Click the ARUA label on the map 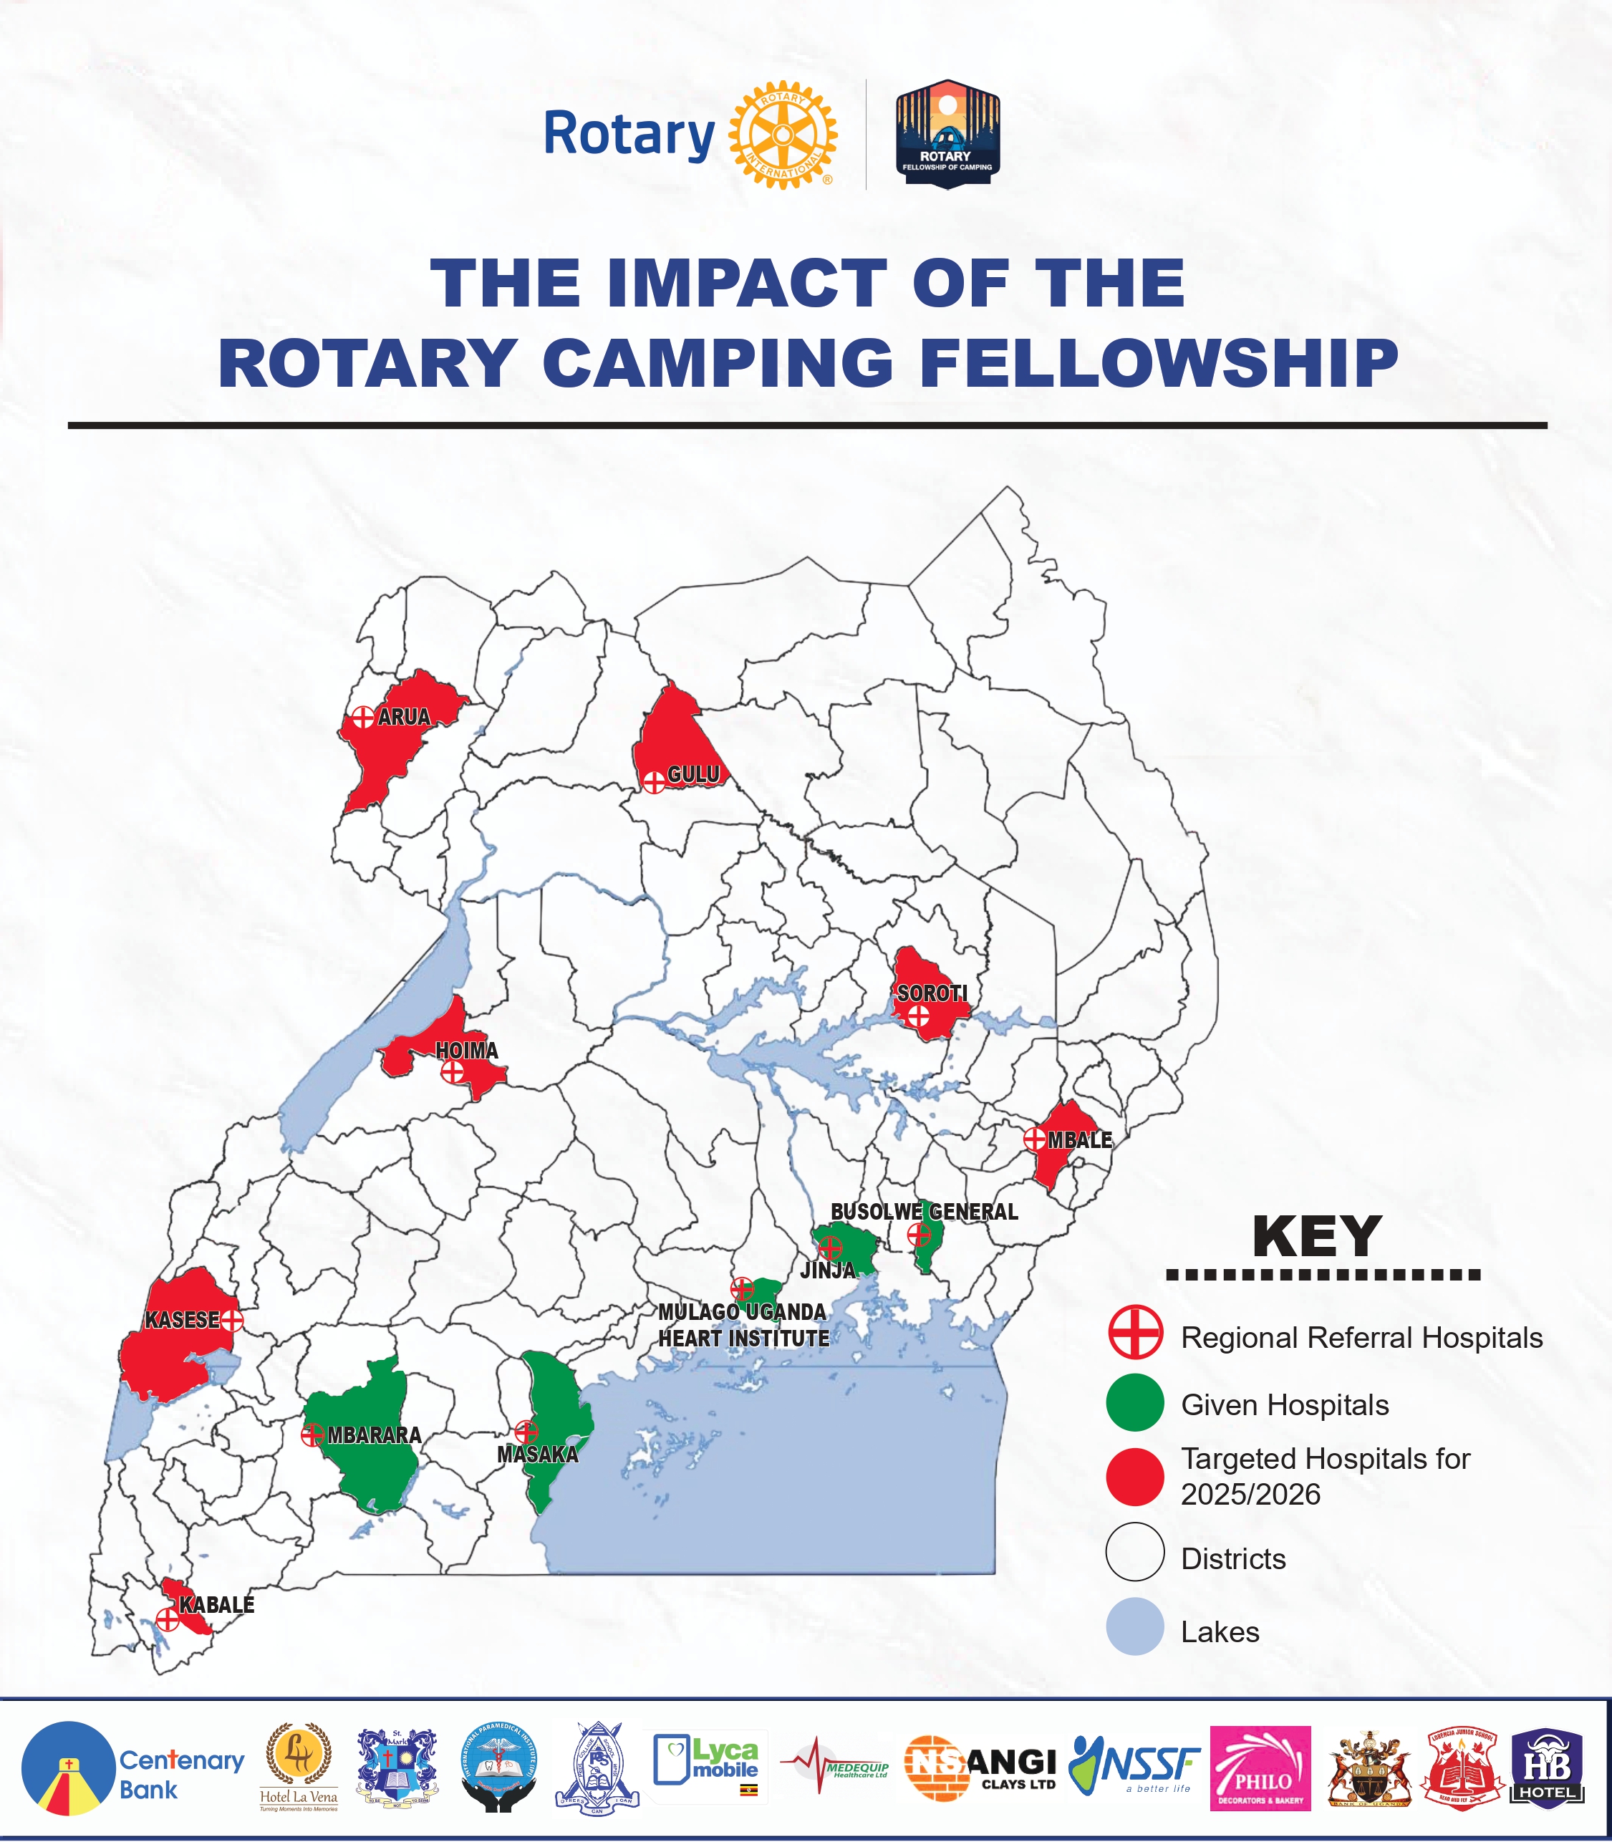(x=404, y=717)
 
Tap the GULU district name (x=693, y=774)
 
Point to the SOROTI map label (x=932, y=993)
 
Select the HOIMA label (x=467, y=1051)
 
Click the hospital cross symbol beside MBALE (x=1035, y=1139)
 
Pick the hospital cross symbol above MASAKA (x=526, y=1431)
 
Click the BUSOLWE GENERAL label (x=924, y=1212)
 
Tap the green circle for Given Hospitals (x=1134, y=1402)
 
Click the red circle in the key (x=1134, y=1477)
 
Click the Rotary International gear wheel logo (x=783, y=135)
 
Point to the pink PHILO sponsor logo (x=1260, y=1768)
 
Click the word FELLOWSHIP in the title (x=1159, y=363)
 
